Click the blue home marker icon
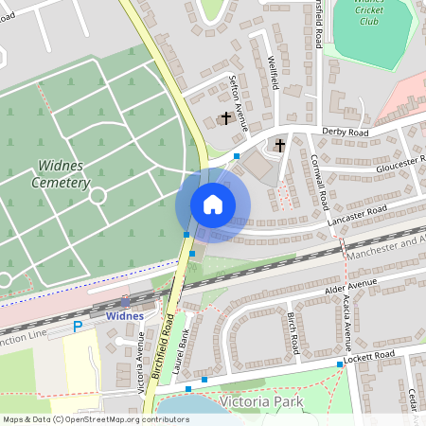point(212,204)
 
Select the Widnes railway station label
point(125,315)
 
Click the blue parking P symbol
point(79,327)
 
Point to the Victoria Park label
point(260,401)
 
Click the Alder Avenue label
point(350,288)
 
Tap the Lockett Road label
point(370,357)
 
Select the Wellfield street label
point(274,72)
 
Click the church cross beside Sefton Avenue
point(225,118)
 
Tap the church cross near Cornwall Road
point(279,146)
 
